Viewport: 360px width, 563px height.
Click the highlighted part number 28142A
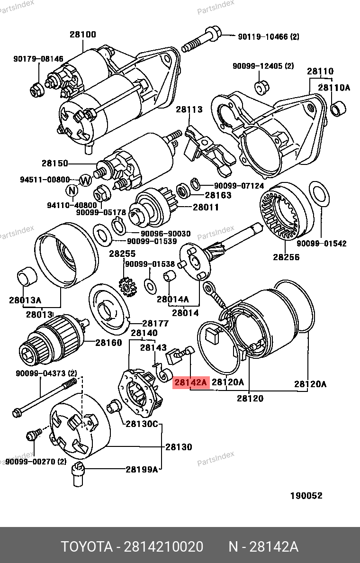click(191, 382)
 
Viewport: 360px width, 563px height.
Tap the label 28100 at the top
click(83, 34)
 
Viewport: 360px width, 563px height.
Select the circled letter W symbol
click(86, 180)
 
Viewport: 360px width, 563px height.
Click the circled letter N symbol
click(72, 191)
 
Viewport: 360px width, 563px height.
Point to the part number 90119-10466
click(263, 36)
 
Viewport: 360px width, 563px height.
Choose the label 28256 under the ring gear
click(286, 257)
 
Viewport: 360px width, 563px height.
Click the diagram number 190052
click(306, 496)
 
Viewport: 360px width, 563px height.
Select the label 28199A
click(141, 469)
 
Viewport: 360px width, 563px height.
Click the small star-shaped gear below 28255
click(127, 286)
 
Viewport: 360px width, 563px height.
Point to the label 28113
click(189, 109)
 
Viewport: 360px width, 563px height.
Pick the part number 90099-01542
click(322, 244)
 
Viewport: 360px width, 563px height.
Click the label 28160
click(108, 343)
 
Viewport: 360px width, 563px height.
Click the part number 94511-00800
click(45, 180)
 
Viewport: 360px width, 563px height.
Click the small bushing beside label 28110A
click(337, 109)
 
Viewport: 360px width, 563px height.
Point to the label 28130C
click(141, 424)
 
